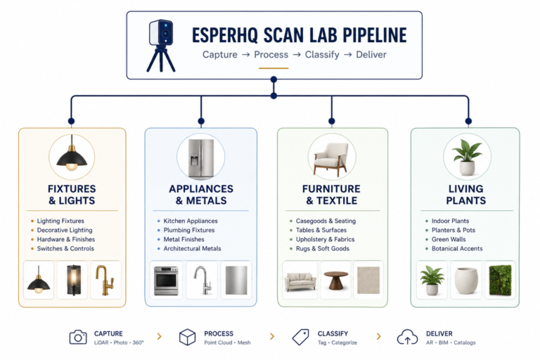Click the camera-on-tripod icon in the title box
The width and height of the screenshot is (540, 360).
(x=161, y=46)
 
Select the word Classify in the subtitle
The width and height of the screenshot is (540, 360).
(x=322, y=55)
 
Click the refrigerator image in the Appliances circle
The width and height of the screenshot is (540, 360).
(x=201, y=157)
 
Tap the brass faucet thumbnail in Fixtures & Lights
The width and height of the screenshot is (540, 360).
(x=105, y=280)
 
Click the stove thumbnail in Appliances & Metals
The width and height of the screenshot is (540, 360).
(x=166, y=281)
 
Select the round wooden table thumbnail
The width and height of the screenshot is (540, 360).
(x=336, y=280)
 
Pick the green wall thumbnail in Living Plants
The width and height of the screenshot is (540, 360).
(x=501, y=280)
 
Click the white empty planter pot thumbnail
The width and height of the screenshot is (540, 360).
(x=466, y=281)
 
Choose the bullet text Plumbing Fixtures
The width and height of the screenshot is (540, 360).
(x=188, y=230)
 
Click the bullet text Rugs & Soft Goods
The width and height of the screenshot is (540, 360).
(x=322, y=249)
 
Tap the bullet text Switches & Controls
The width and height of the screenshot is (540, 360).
(x=65, y=249)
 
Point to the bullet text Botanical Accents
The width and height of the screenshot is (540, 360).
(x=457, y=249)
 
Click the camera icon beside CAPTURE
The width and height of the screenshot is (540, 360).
(x=78, y=337)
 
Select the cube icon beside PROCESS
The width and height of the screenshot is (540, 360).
(x=187, y=337)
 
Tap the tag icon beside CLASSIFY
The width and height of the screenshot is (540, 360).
(x=300, y=337)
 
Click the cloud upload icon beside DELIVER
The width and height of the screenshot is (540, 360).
(x=407, y=337)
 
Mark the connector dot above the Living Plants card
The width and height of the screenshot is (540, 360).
(x=468, y=121)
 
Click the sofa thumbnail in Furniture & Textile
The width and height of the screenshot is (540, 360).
(x=300, y=281)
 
